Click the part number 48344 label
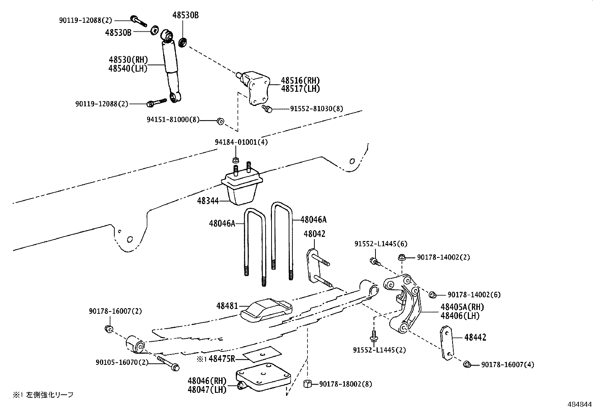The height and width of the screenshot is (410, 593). point(208,201)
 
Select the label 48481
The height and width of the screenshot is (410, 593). point(227,306)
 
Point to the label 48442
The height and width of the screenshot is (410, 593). point(475,338)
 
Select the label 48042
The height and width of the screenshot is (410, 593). point(314,234)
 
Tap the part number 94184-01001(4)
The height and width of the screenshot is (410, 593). point(241,142)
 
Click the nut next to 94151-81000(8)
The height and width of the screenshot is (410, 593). point(220,121)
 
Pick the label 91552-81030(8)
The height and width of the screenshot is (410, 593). point(317,109)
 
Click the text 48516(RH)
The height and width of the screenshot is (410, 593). point(300,80)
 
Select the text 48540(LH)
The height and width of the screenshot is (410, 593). point(128,68)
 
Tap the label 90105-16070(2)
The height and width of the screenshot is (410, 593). point(121,362)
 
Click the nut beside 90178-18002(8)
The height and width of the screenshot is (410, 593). point(308,384)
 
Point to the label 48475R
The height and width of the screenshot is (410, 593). point(222,359)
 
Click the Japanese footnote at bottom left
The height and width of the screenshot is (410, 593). point(43,394)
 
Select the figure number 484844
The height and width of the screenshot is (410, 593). point(579,404)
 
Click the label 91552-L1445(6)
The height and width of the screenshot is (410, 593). point(381,244)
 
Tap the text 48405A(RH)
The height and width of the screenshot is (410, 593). point(462,307)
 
